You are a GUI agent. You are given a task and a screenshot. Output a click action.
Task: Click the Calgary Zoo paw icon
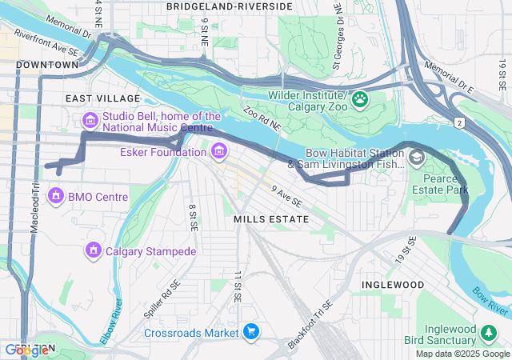coord(360,99)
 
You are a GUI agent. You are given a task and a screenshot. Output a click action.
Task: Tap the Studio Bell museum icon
coord(90,121)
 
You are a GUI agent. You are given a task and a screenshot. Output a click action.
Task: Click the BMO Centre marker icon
coord(56,195)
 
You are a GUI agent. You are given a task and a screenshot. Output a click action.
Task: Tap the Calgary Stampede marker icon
coord(94,251)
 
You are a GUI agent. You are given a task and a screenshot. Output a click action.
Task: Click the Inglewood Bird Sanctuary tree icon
coord(488,331)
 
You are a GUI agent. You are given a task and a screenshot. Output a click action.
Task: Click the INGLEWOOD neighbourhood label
coord(392,284)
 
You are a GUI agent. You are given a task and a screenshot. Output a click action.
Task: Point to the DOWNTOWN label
coord(47,64)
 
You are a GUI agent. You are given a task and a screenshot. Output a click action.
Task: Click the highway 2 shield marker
coord(459,122)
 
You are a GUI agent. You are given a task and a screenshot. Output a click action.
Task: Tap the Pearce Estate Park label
coord(439,184)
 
